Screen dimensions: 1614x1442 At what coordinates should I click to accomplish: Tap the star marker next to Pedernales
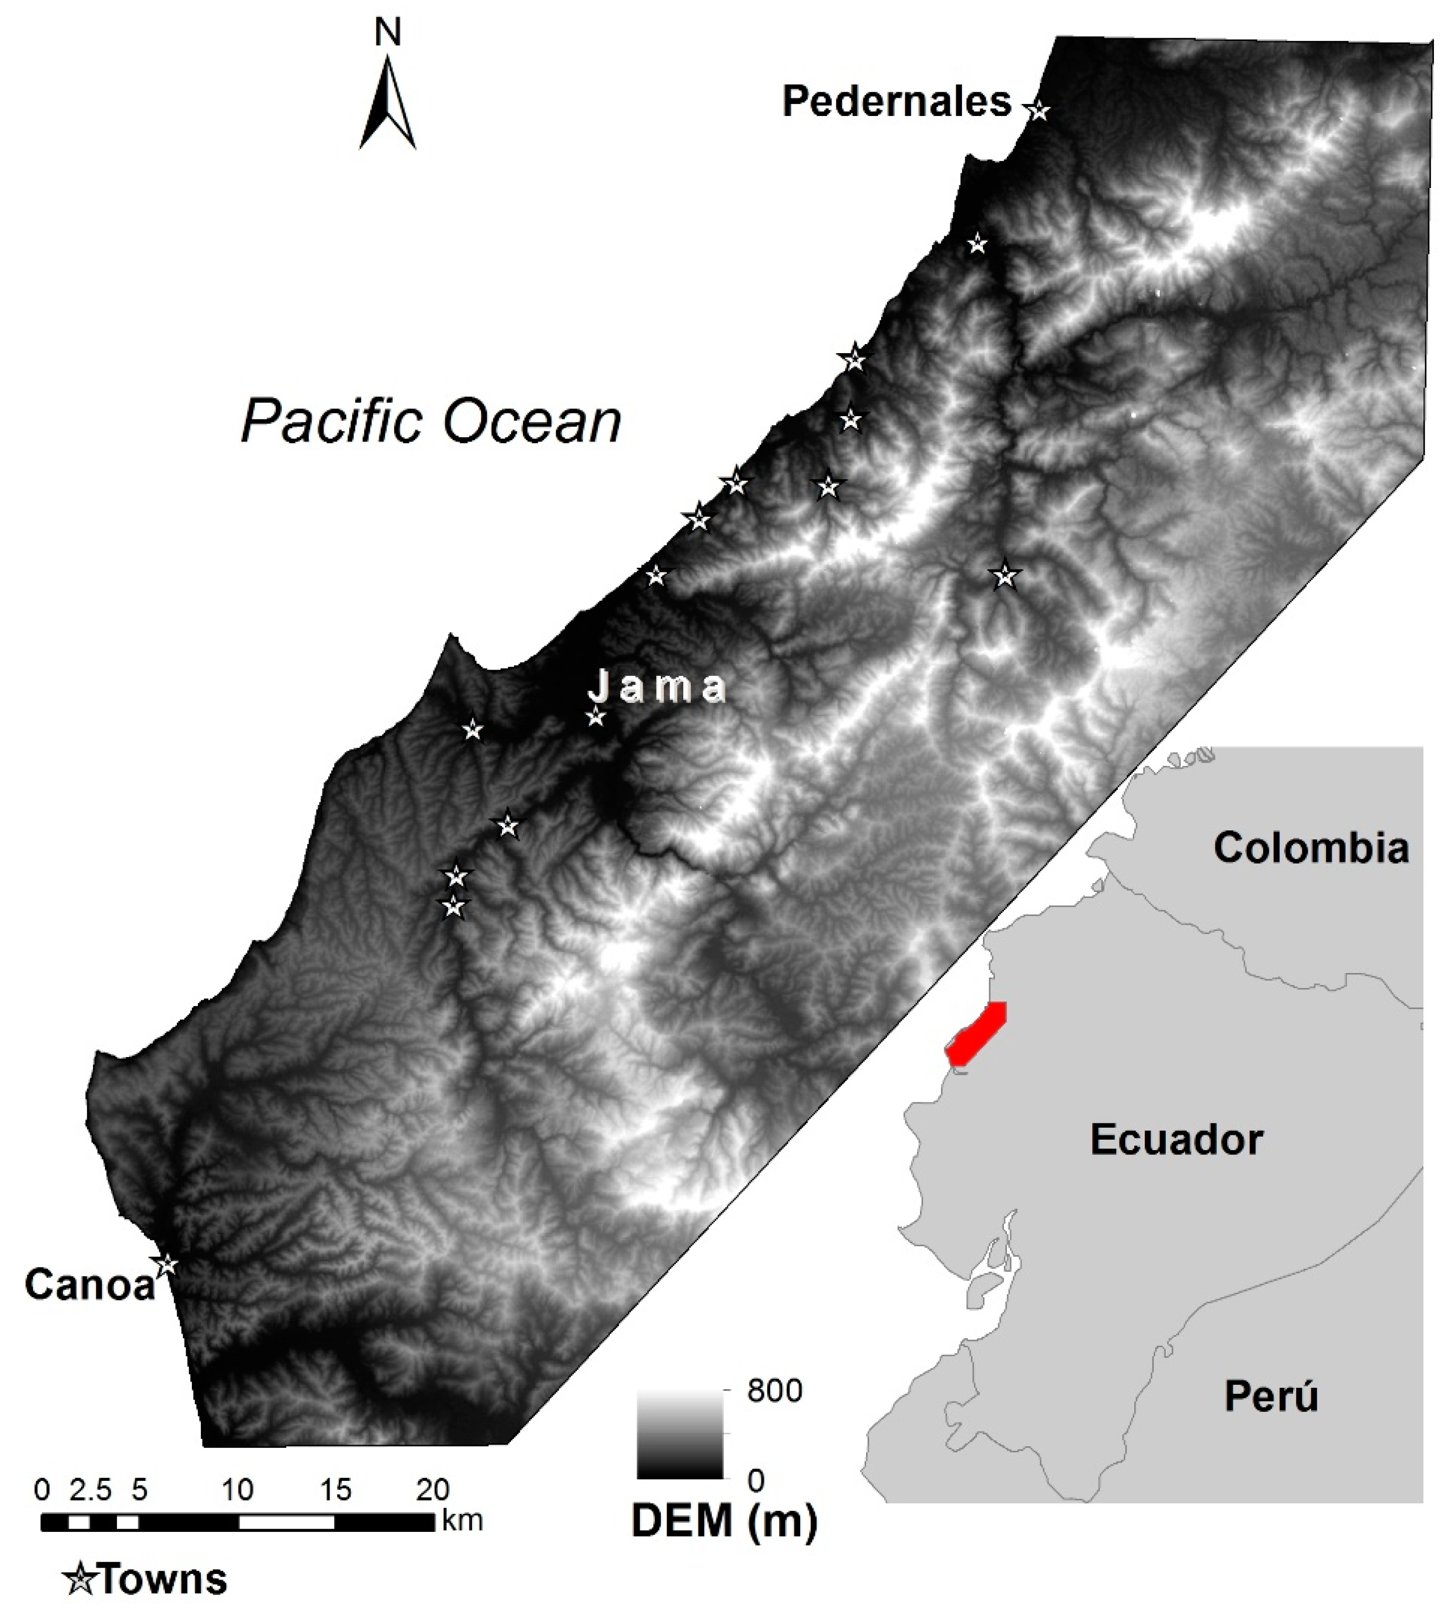1038,111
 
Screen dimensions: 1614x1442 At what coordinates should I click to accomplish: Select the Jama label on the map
658,687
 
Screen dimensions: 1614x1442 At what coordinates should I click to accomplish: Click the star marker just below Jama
596,717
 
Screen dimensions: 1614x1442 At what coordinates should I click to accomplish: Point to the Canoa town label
90,1284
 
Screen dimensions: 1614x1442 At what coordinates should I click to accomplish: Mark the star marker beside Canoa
167,1265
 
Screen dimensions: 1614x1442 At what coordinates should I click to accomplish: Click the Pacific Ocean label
431,421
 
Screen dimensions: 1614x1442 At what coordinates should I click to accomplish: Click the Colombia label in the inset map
1311,848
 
